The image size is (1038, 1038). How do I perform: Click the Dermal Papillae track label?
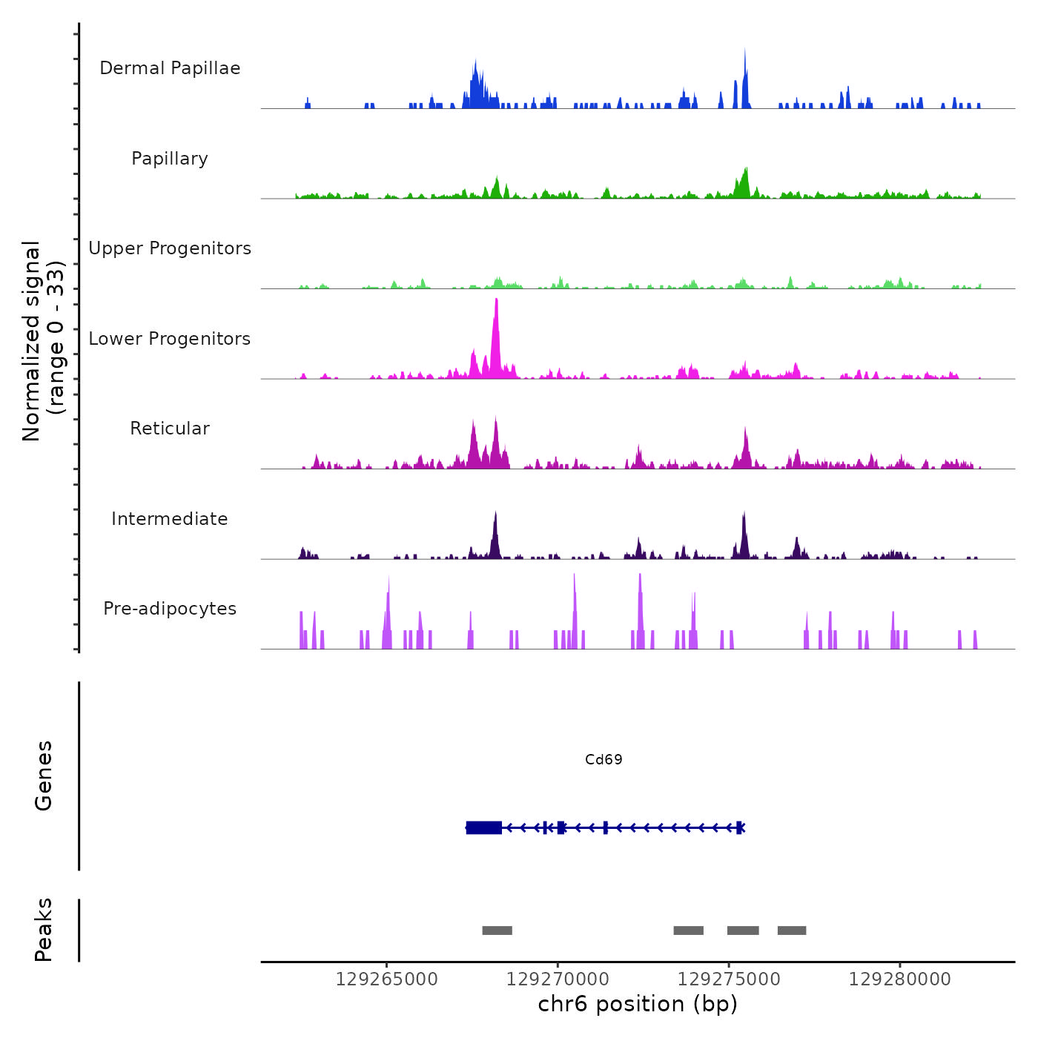(x=170, y=68)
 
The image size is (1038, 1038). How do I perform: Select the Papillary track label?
(x=170, y=159)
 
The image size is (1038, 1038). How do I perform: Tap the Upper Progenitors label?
(x=170, y=248)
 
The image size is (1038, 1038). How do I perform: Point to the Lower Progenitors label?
(x=170, y=339)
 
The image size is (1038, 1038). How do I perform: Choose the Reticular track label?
(x=170, y=429)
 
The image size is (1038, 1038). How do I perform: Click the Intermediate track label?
(x=170, y=519)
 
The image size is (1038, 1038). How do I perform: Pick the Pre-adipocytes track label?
(x=170, y=609)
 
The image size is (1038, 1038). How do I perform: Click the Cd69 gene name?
(x=604, y=759)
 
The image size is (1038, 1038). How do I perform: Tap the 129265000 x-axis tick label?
(x=386, y=979)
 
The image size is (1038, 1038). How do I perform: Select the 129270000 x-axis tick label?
(x=558, y=979)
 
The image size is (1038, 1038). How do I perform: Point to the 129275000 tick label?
(x=729, y=979)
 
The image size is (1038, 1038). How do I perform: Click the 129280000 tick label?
(x=899, y=979)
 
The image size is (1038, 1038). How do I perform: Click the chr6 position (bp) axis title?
(x=638, y=1004)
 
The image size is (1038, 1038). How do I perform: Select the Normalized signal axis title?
(x=43, y=340)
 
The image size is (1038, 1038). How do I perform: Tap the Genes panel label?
(x=43, y=776)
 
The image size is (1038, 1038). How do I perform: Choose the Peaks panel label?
(x=43, y=930)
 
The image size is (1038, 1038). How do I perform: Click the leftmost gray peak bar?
(x=497, y=930)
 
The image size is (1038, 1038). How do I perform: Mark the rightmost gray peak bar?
(x=791, y=930)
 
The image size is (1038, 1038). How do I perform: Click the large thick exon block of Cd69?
(x=484, y=827)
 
